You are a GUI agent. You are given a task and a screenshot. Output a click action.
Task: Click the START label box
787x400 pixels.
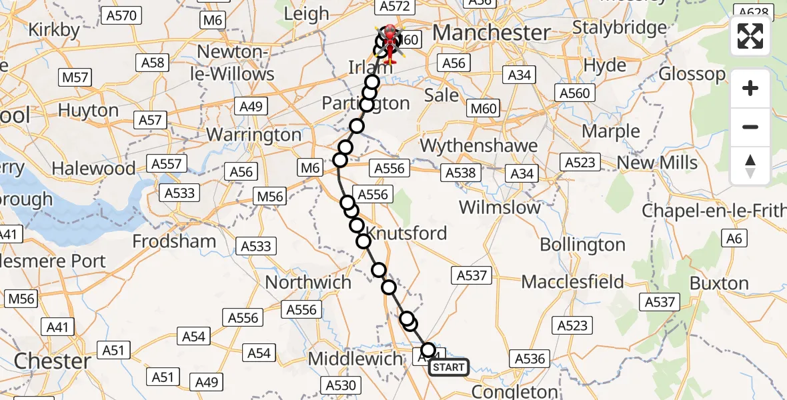448,367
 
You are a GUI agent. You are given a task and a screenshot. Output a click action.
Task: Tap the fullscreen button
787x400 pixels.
750,36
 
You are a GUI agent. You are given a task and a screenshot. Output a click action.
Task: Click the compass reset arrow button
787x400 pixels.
750,166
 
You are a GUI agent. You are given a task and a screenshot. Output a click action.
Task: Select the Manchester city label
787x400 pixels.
492,32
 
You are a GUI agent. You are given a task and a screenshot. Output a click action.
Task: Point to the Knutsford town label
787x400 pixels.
407,233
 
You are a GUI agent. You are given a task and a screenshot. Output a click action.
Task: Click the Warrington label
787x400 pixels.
254,135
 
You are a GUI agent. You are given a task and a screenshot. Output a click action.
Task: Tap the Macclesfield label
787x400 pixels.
572,281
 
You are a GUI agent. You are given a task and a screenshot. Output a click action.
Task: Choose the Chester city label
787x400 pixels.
53,361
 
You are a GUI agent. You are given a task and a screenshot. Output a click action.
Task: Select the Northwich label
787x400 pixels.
308,282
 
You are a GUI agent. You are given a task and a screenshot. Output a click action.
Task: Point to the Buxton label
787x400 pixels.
719,284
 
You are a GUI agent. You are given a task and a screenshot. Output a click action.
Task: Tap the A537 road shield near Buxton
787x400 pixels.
660,302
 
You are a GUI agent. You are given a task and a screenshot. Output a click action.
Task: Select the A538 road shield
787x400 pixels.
461,173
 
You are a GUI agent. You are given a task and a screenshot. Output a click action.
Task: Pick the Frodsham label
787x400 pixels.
175,241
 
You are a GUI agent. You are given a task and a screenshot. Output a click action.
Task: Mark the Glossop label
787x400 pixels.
692,74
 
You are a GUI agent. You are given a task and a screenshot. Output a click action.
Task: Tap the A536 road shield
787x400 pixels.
531,359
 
